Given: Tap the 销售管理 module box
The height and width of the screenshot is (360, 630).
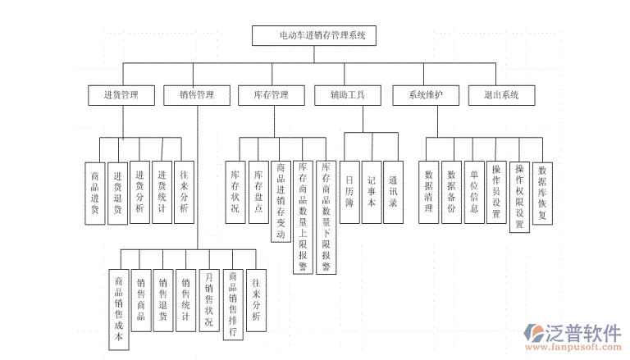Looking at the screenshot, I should [x=197, y=95].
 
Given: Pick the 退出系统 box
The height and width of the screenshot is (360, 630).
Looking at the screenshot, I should [x=501, y=95].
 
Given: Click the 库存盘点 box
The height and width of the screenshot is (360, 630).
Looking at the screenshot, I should [x=258, y=192].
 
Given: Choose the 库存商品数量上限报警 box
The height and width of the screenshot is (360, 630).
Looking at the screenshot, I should [x=304, y=216].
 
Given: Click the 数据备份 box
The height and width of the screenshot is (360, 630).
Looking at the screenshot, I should [x=451, y=191].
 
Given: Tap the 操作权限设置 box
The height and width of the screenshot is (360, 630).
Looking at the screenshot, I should [x=519, y=196].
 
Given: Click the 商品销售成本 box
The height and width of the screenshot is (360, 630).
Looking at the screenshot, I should [x=118, y=308].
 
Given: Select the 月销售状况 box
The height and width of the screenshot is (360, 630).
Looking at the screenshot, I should [x=209, y=299].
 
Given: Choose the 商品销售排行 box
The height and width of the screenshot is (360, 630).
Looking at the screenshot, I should [x=233, y=304].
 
